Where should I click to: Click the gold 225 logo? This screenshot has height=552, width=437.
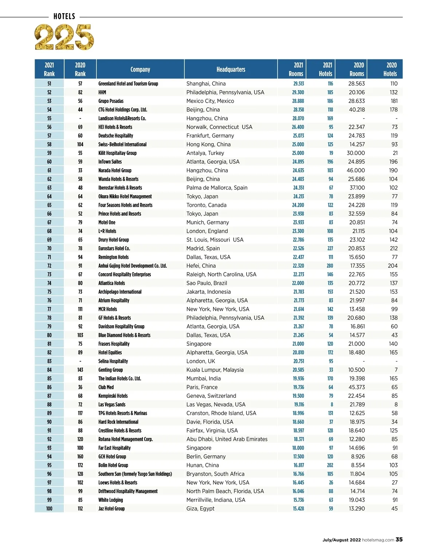click(x=64, y=37)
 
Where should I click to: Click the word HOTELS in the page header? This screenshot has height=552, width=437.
click(x=64, y=16)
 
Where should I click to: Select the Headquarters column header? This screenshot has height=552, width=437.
click(x=231, y=69)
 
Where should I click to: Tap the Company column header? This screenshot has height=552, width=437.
click(x=140, y=69)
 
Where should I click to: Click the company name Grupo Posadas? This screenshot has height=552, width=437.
click(x=111, y=101)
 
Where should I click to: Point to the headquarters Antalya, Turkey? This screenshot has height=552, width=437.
click(x=205, y=153)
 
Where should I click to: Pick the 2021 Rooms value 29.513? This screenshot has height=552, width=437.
click(x=298, y=84)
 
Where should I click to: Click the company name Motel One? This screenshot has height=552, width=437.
click(x=107, y=223)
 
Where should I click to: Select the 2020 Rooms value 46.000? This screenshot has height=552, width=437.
click(x=355, y=171)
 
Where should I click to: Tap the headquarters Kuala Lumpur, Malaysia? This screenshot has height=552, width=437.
click(x=215, y=370)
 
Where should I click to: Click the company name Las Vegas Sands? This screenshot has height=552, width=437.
click(x=112, y=405)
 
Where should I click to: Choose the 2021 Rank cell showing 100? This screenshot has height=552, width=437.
click(x=49, y=509)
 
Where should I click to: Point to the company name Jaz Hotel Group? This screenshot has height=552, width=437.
click(x=111, y=509)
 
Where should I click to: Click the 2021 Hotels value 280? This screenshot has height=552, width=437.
click(x=330, y=266)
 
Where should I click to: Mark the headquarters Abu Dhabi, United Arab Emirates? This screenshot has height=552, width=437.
click(x=227, y=439)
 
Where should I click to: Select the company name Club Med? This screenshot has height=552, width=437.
click(x=106, y=387)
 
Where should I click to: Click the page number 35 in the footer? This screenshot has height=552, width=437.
click(x=399, y=540)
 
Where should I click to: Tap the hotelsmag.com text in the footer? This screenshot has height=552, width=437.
click(x=378, y=540)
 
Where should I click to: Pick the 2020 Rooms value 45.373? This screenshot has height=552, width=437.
click(x=357, y=387)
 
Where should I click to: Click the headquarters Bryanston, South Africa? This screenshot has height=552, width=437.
click(x=215, y=474)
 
